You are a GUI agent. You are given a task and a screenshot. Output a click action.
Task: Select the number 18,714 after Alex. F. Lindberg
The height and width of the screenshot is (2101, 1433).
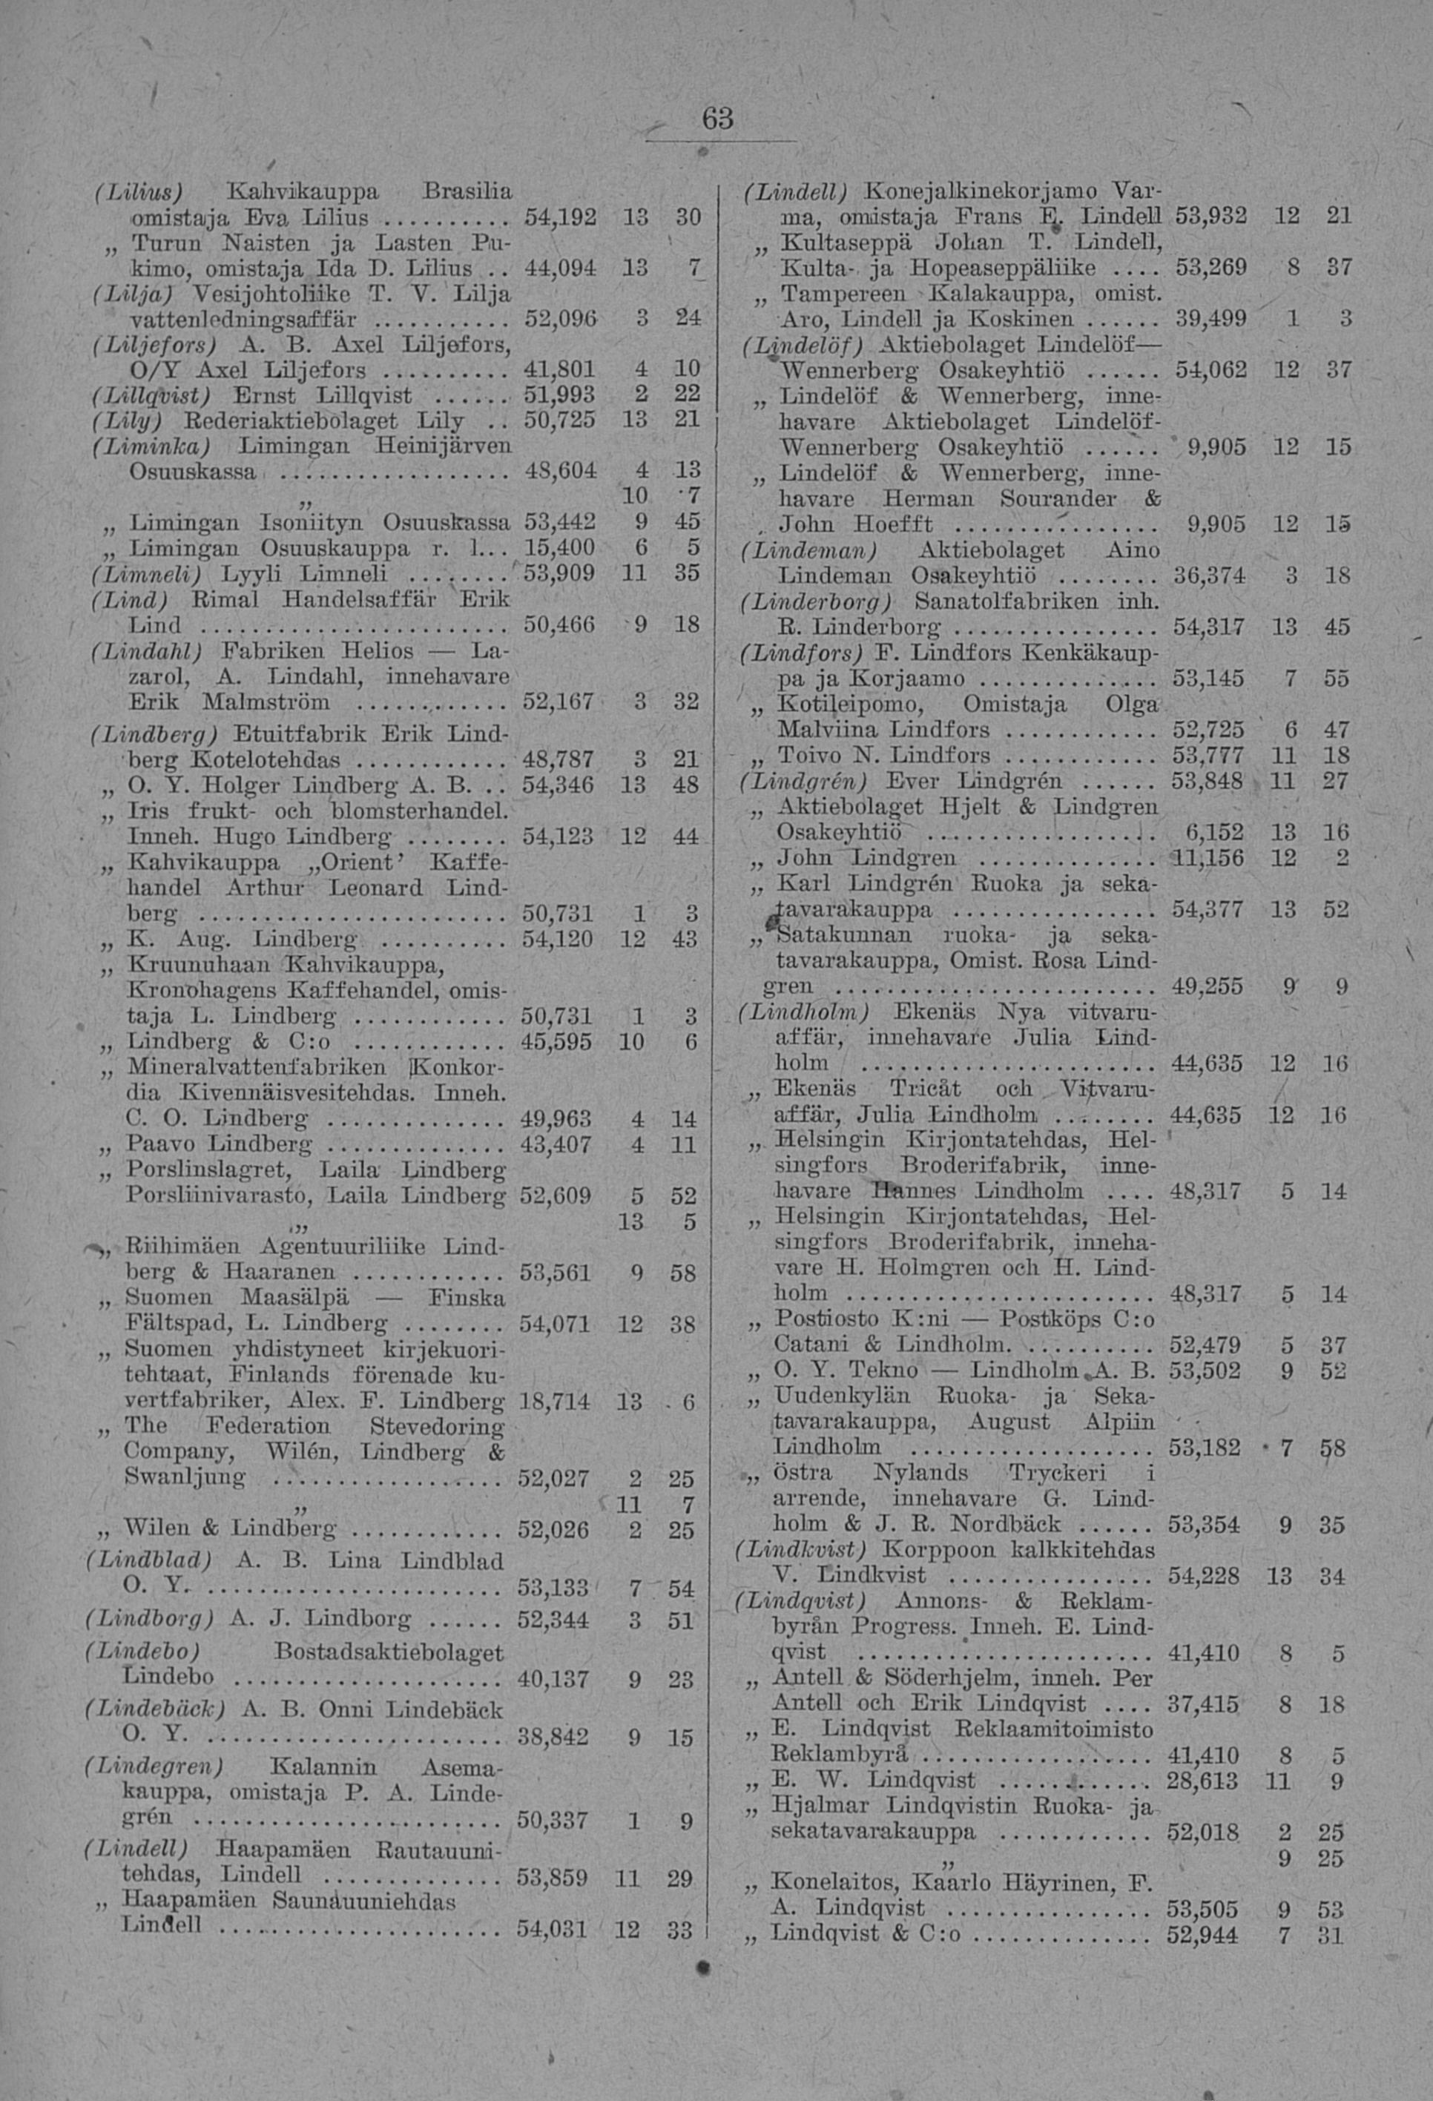(x=555, y=1401)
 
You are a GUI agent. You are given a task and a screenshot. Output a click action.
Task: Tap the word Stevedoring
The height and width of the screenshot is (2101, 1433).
(x=438, y=1427)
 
